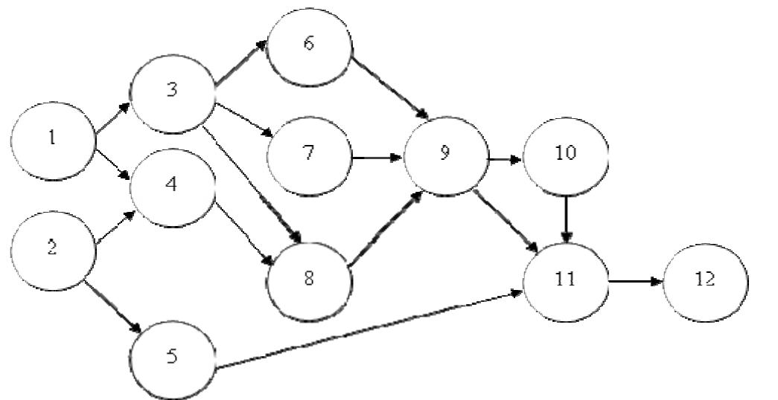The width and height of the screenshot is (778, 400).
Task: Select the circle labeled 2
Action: [53, 248]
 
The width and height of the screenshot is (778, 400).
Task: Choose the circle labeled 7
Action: [309, 155]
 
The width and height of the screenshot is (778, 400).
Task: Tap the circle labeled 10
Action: [566, 154]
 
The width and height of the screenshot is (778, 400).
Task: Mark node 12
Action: [705, 280]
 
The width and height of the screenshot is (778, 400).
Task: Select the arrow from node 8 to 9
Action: [386, 228]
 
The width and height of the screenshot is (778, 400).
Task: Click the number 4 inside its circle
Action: [172, 184]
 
